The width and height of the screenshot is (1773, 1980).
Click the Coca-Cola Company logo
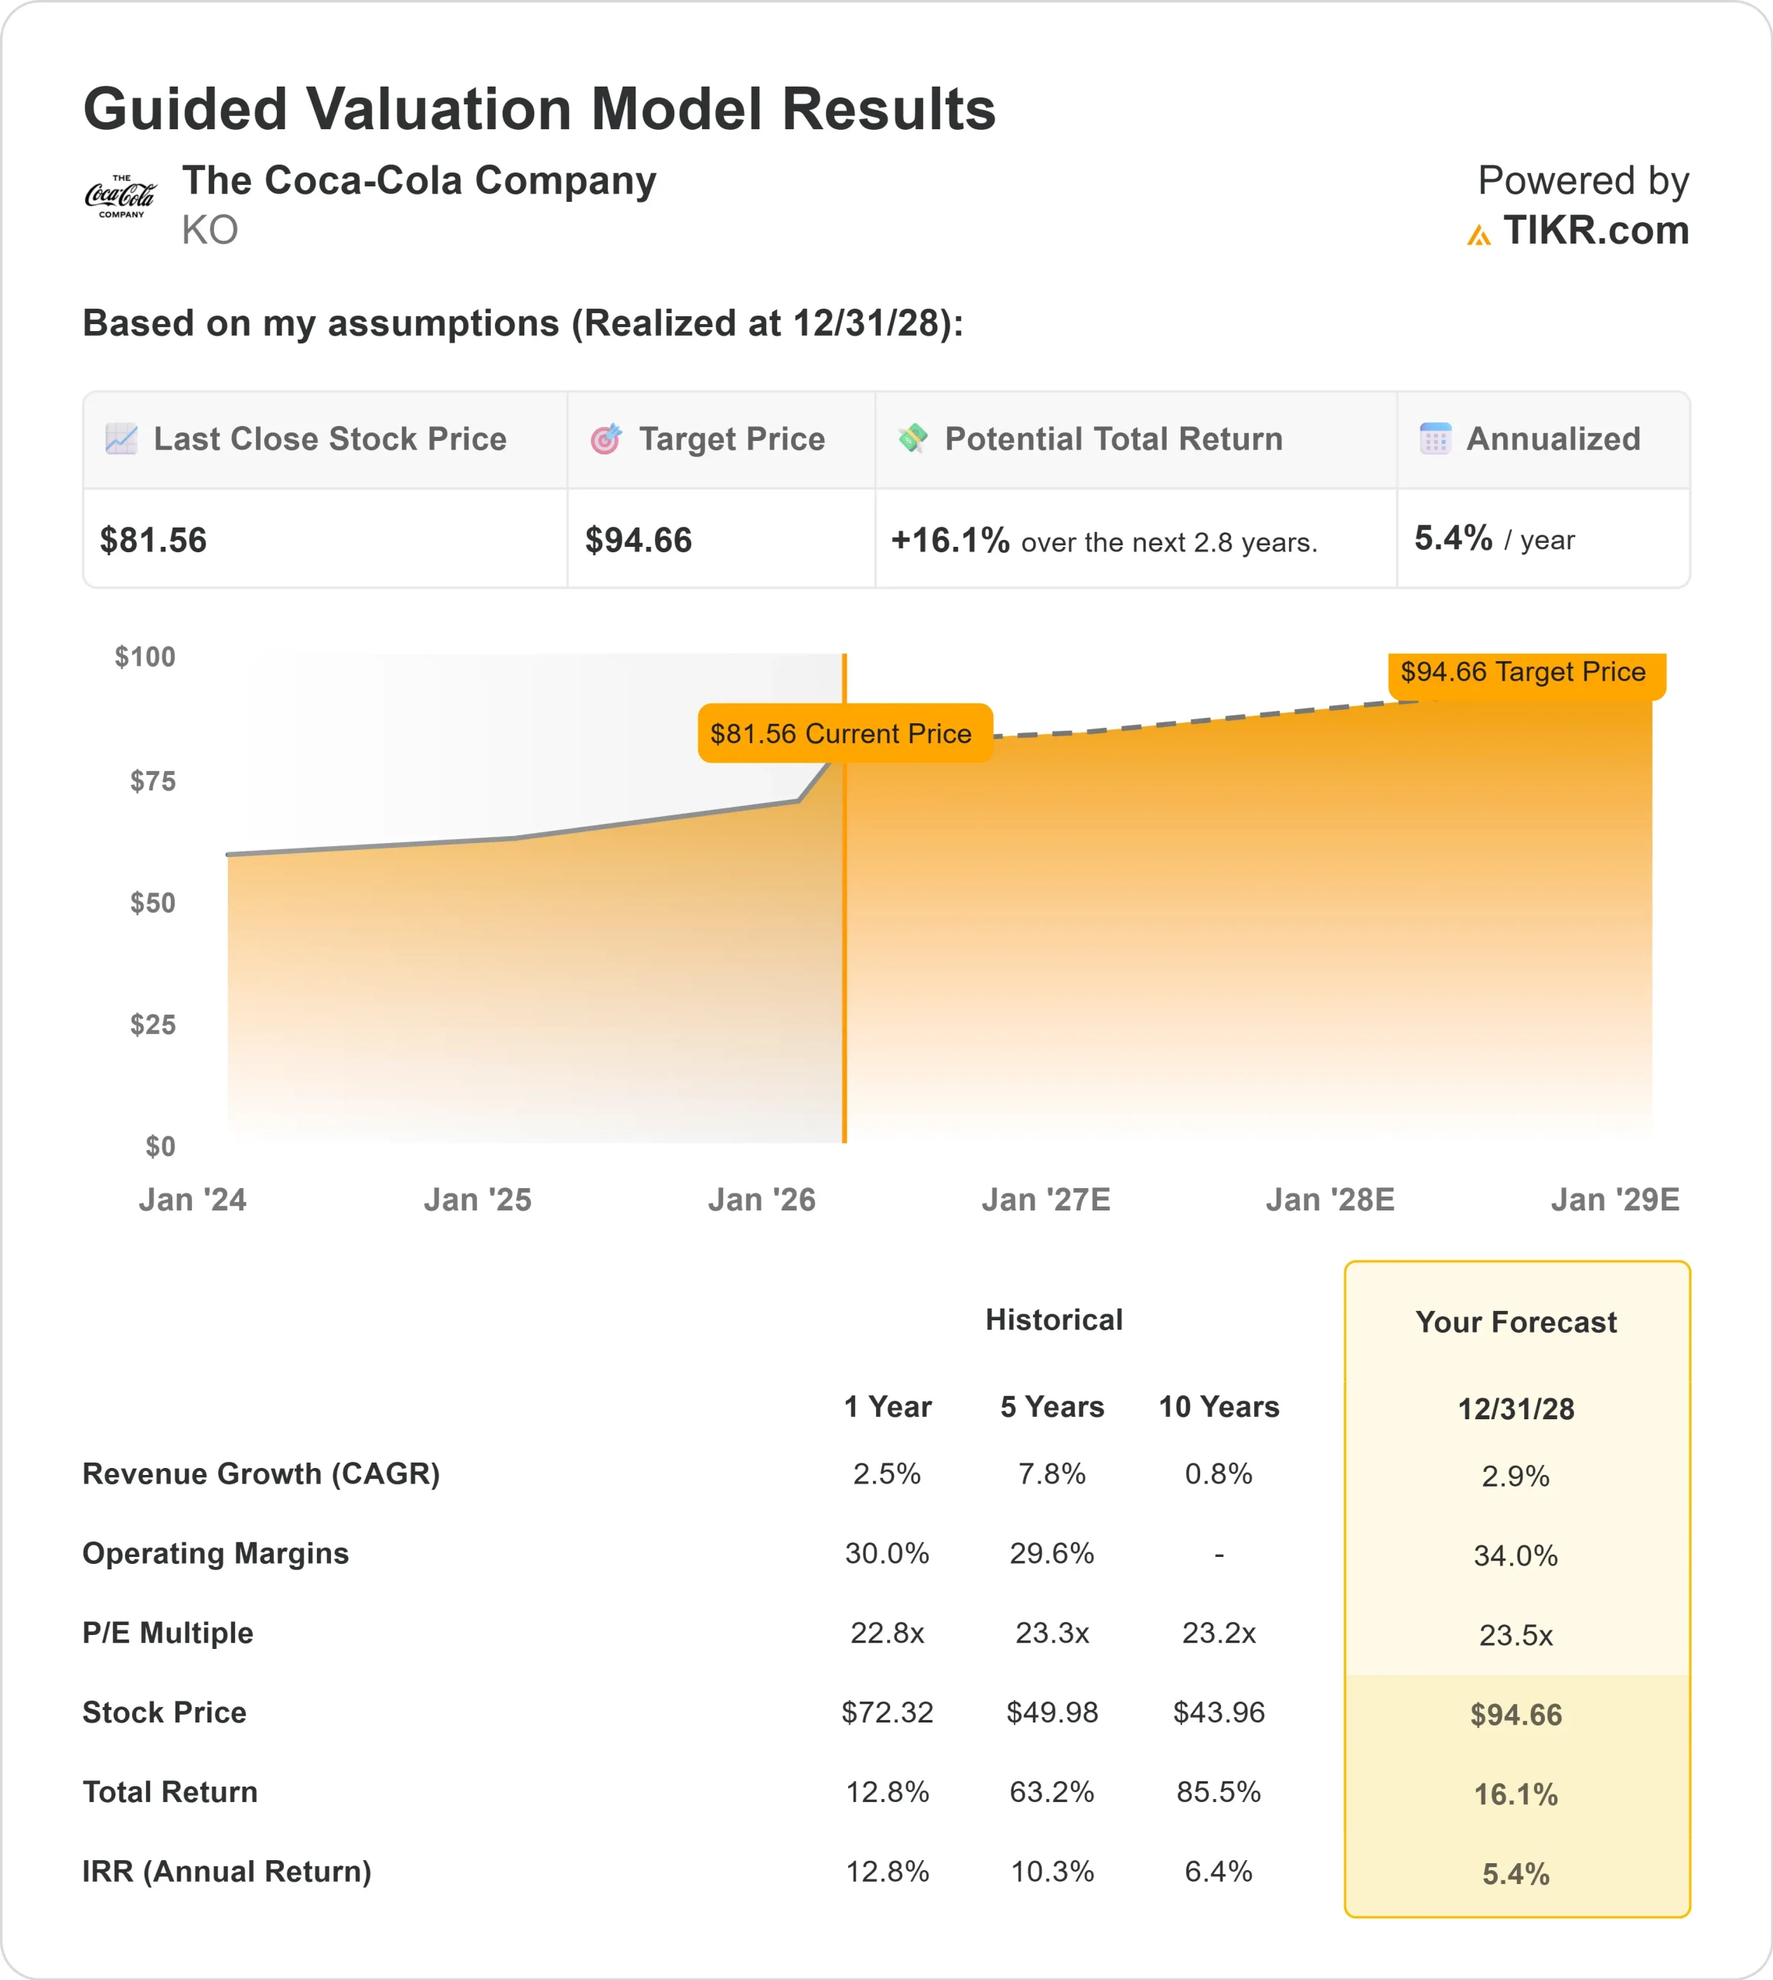click(x=120, y=196)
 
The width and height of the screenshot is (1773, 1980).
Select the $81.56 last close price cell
click(x=154, y=541)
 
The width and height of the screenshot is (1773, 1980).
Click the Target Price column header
click(x=731, y=439)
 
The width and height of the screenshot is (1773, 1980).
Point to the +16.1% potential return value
click(x=950, y=541)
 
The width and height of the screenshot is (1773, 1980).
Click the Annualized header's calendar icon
click(x=1435, y=439)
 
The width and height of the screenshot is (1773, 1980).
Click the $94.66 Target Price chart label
click(x=1523, y=672)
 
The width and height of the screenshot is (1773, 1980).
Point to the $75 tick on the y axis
click(x=153, y=781)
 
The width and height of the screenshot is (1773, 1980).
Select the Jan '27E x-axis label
click(x=1045, y=1200)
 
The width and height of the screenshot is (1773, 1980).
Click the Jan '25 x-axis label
click(x=477, y=1200)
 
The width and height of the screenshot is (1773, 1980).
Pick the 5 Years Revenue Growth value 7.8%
click(x=1052, y=1474)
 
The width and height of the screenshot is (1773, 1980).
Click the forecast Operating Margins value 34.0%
click(x=1516, y=1556)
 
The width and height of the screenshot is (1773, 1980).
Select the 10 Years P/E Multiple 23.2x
click(x=1219, y=1633)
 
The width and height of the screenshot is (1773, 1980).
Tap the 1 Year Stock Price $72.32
click(x=888, y=1712)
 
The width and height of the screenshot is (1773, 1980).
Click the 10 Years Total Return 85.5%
click(x=1219, y=1792)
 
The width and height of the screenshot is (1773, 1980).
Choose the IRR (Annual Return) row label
click(x=227, y=1872)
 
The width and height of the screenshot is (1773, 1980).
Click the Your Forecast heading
click(x=1516, y=1323)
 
